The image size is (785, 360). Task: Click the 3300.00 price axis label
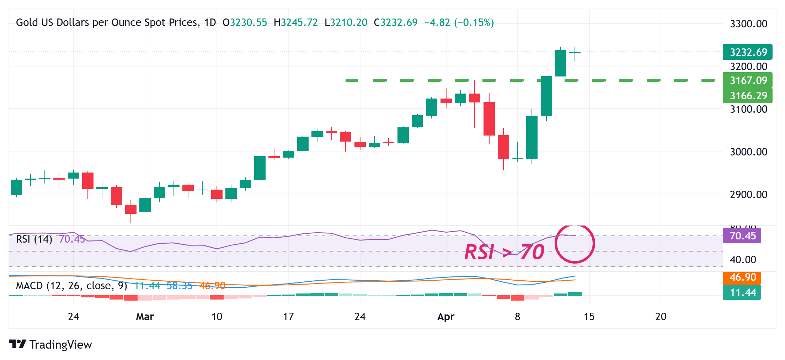pos(748,24)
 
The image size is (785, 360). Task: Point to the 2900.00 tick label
pos(748,195)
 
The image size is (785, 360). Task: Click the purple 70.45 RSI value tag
pos(742,235)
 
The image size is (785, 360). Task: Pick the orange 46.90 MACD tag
pos(742,277)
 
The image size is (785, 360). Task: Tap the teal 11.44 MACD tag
pos(742,292)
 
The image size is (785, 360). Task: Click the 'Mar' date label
pos(145,317)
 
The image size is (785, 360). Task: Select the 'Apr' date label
pos(446,317)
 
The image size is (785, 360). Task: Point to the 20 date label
pos(661,317)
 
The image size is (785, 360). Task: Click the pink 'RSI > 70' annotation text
pos(504,252)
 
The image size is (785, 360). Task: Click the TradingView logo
pos(50,344)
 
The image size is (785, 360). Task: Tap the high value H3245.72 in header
pos(296,22)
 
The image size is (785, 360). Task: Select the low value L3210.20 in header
pos(346,22)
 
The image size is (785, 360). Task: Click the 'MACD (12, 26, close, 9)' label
pos(71,286)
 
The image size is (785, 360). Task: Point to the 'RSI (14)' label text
pos(34,239)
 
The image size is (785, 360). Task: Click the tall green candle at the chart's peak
pos(561,63)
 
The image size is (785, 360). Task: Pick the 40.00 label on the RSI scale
pos(743,260)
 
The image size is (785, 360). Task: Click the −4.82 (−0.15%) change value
pos(459,22)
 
